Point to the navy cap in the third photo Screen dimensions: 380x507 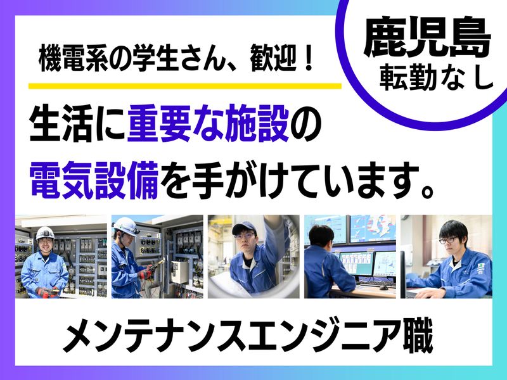click(243, 227)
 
